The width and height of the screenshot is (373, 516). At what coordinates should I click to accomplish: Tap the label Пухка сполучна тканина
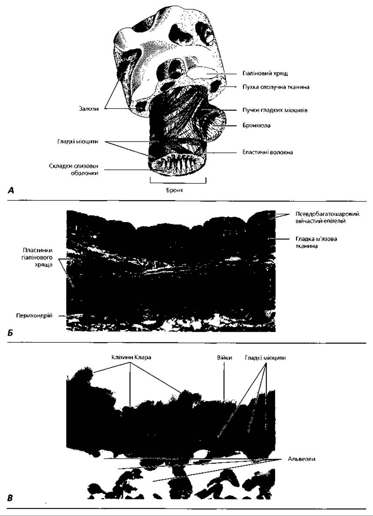point(276,87)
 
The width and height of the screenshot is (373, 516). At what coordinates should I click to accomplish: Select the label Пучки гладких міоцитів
point(275,110)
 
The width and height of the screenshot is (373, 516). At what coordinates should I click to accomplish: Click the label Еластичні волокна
point(267,152)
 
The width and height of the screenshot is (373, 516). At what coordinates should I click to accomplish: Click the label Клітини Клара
point(130,357)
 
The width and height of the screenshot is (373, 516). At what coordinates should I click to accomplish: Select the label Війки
point(224,358)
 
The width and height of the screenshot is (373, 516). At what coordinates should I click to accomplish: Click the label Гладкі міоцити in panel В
point(265,357)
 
